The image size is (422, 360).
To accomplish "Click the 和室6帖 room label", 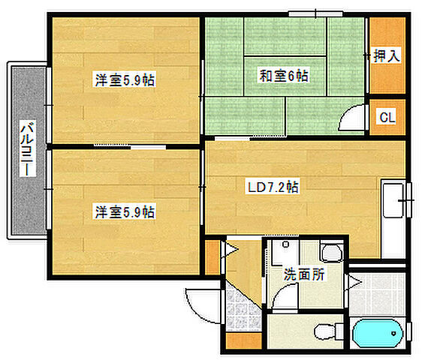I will (x=284, y=75).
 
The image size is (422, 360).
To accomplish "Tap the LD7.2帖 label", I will (x=272, y=187).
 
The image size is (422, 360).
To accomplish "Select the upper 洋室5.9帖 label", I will (x=124, y=79).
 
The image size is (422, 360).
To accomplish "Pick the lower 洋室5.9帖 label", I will (x=124, y=212).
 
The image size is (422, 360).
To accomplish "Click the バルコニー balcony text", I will (x=26, y=148).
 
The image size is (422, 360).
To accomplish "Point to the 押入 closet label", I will (x=387, y=55).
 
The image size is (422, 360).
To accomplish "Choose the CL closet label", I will (x=387, y=117).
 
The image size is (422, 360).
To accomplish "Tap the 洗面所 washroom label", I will (x=303, y=274).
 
